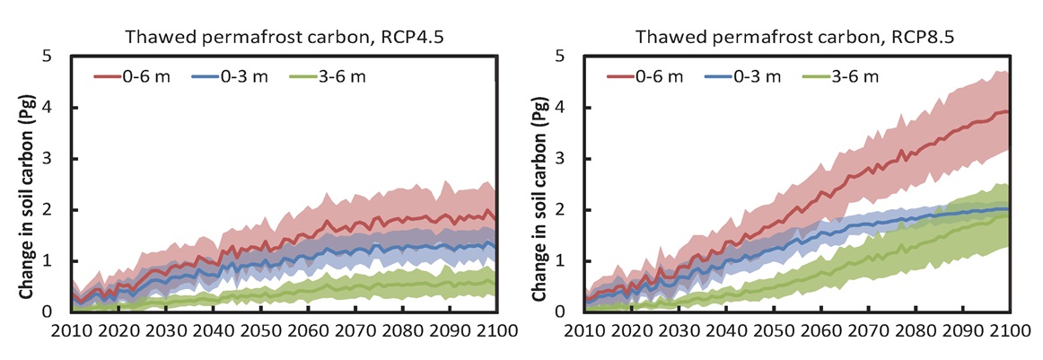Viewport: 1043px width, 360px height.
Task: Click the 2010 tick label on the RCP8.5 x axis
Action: click(x=583, y=331)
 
